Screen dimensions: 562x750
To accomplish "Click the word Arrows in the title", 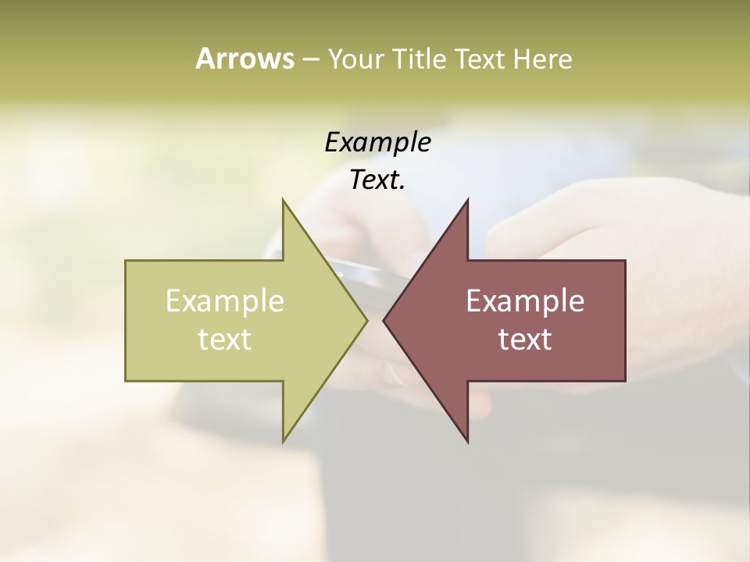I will pos(244,59).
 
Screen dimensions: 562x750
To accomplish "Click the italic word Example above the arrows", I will pos(377,143).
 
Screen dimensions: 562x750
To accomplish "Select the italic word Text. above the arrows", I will pos(377,180).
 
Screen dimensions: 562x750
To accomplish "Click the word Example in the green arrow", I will pos(224,301).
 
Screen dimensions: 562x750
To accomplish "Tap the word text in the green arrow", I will pos(224,340).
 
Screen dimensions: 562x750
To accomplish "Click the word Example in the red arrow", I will pos(525,301).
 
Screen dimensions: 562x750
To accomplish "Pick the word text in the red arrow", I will pos(525,340).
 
